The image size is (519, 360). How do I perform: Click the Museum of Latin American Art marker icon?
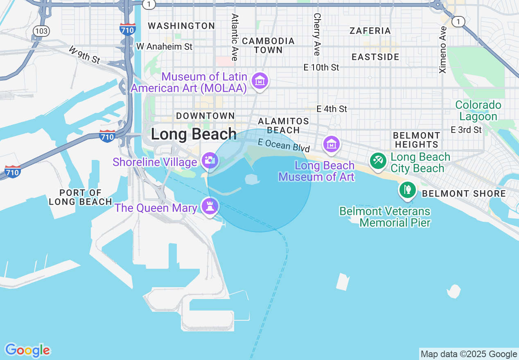[x=260, y=81]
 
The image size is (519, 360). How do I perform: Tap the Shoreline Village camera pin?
[x=210, y=160]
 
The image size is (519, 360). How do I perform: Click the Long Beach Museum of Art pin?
[x=331, y=144]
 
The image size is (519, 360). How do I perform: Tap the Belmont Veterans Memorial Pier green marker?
[x=408, y=189]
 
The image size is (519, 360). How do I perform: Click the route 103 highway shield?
[x=41, y=31]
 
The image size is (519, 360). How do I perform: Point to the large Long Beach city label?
[x=194, y=134]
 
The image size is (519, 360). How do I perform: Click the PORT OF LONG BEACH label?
[x=80, y=197]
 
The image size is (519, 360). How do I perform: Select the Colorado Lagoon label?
[x=478, y=111]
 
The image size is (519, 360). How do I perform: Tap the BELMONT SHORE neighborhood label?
[x=464, y=193]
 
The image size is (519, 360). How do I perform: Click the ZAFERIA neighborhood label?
[x=370, y=31]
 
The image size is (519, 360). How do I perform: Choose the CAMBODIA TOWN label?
[x=268, y=45]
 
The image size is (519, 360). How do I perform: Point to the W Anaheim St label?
[x=164, y=47]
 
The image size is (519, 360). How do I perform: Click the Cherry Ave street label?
[x=317, y=34]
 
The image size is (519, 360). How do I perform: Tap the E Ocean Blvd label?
[x=284, y=145]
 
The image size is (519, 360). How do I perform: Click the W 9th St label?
[x=84, y=55]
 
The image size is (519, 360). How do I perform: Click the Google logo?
[x=27, y=350]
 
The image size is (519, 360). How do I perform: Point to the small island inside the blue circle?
[x=252, y=179]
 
